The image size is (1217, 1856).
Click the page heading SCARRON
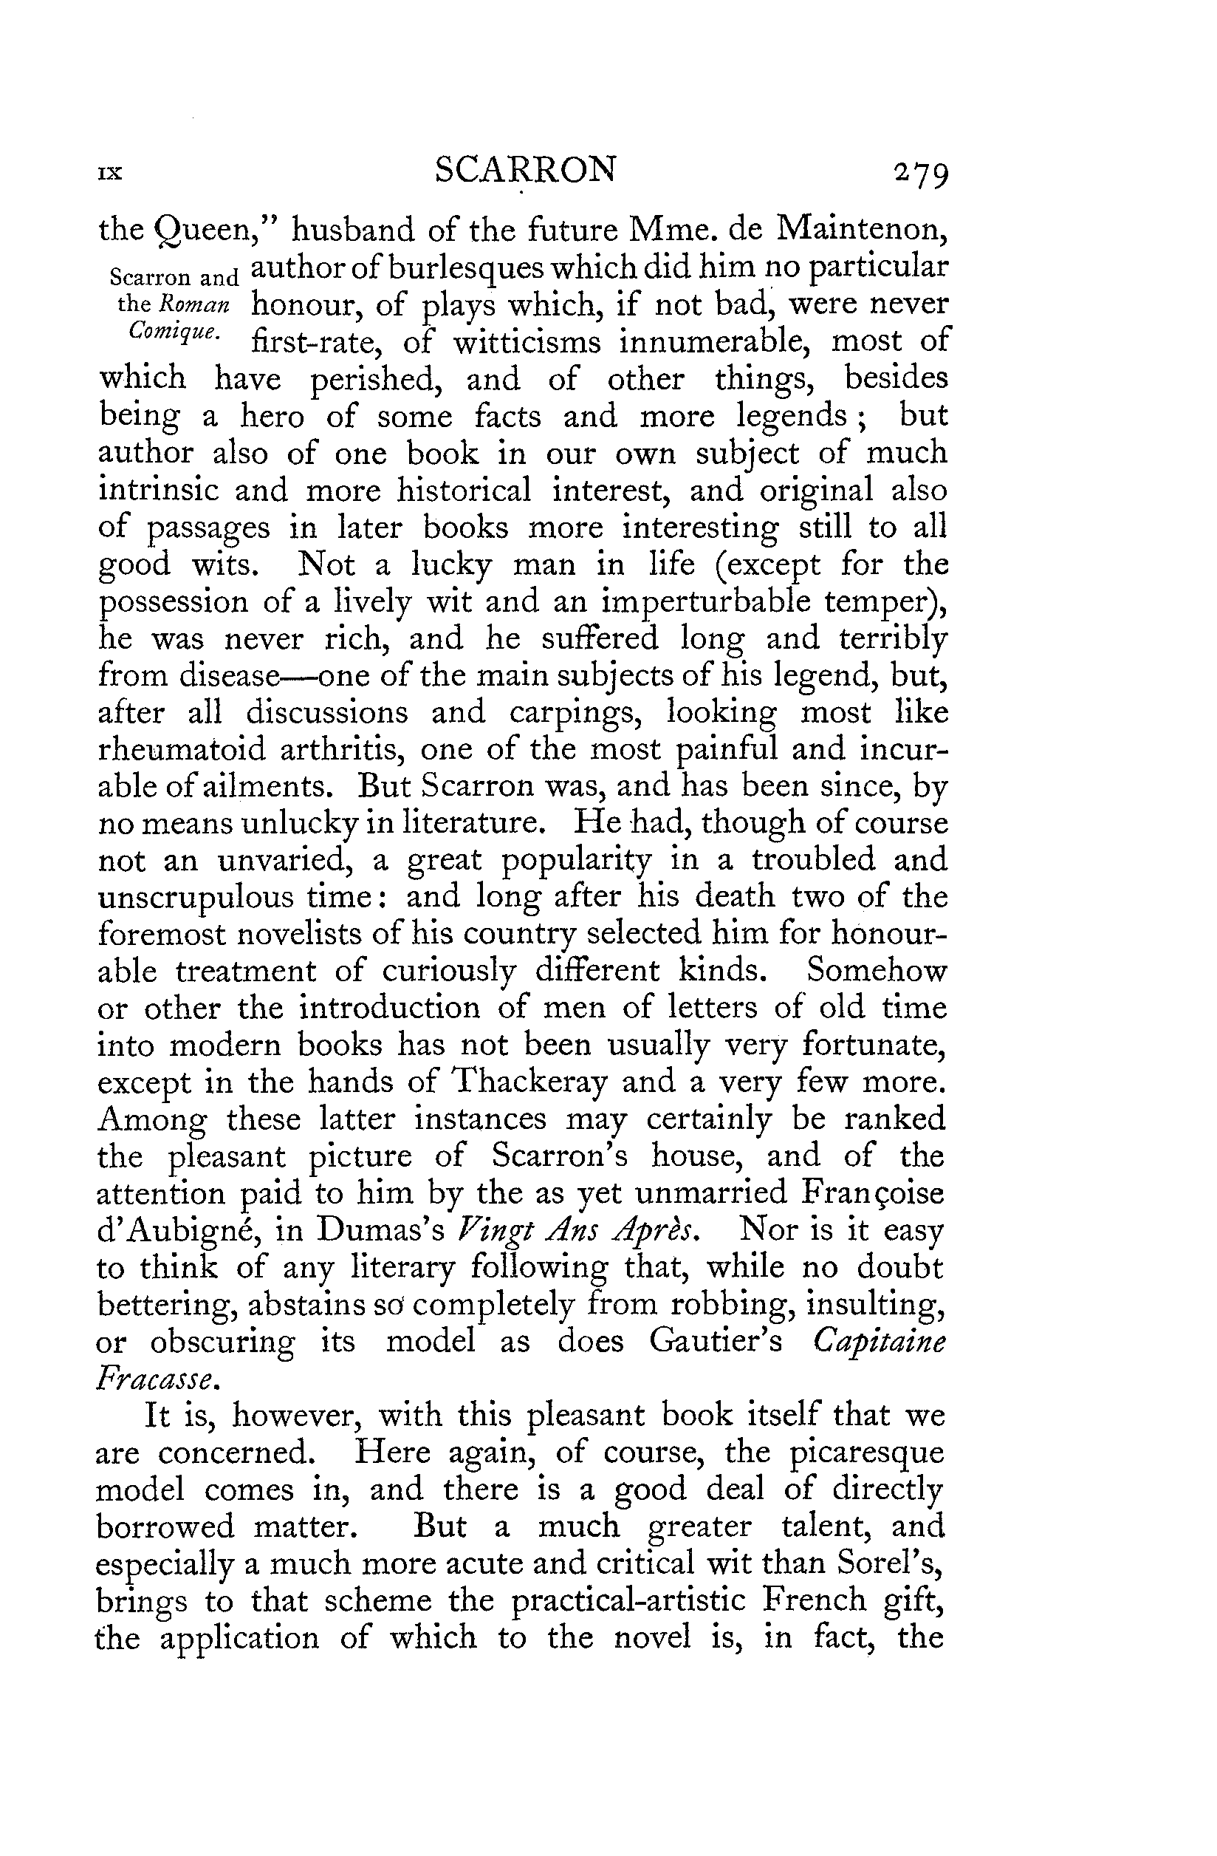pyautogui.click(x=526, y=170)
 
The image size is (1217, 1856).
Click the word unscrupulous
pyautogui.click(x=195, y=897)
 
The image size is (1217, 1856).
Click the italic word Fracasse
pyautogui.click(x=156, y=1379)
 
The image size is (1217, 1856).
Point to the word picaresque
pyautogui.click(x=866, y=1453)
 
